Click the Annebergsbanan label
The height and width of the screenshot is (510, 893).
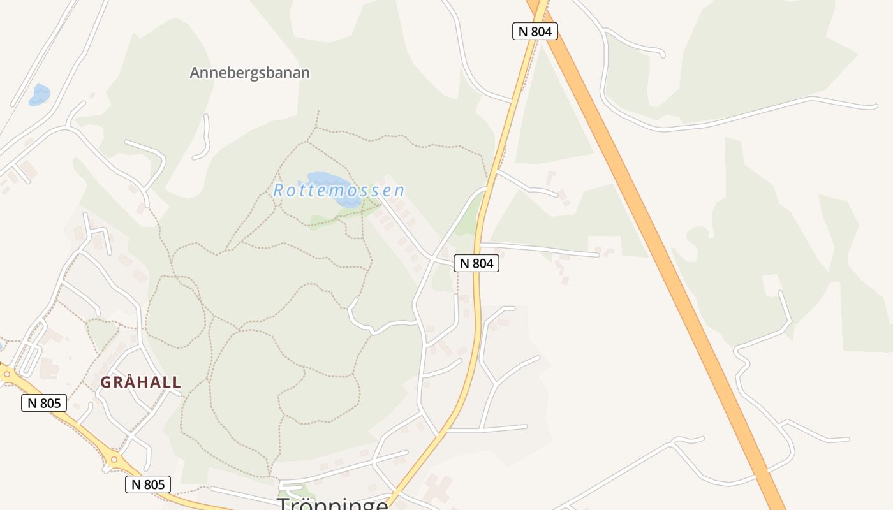pyautogui.click(x=249, y=73)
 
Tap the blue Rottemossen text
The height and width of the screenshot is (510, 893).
pyautogui.click(x=339, y=191)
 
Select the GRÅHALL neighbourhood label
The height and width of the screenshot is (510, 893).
pyautogui.click(x=141, y=382)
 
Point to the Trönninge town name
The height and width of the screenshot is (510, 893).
pyautogui.click(x=332, y=504)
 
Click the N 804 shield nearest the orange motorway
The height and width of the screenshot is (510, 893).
pyautogui.click(x=535, y=31)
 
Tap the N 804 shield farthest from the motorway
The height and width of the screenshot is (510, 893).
pyautogui.click(x=476, y=263)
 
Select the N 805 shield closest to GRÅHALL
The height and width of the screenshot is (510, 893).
pyautogui.click(x=44, y=403)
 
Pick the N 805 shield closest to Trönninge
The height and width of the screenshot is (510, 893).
pyautogui.click(x=148, y=484)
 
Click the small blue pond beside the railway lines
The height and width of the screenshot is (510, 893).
pyautogui.click(x=40, y=94)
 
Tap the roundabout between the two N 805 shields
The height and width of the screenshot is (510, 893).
pyautogui.click(x=114, y=459)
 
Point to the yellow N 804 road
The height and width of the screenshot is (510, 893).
pyautogui.click(x=475, y=319)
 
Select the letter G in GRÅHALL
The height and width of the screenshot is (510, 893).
pyautogui.click(x=105, y=382)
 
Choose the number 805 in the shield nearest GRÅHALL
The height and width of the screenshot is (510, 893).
pyautogui.click(x=50, y=403)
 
